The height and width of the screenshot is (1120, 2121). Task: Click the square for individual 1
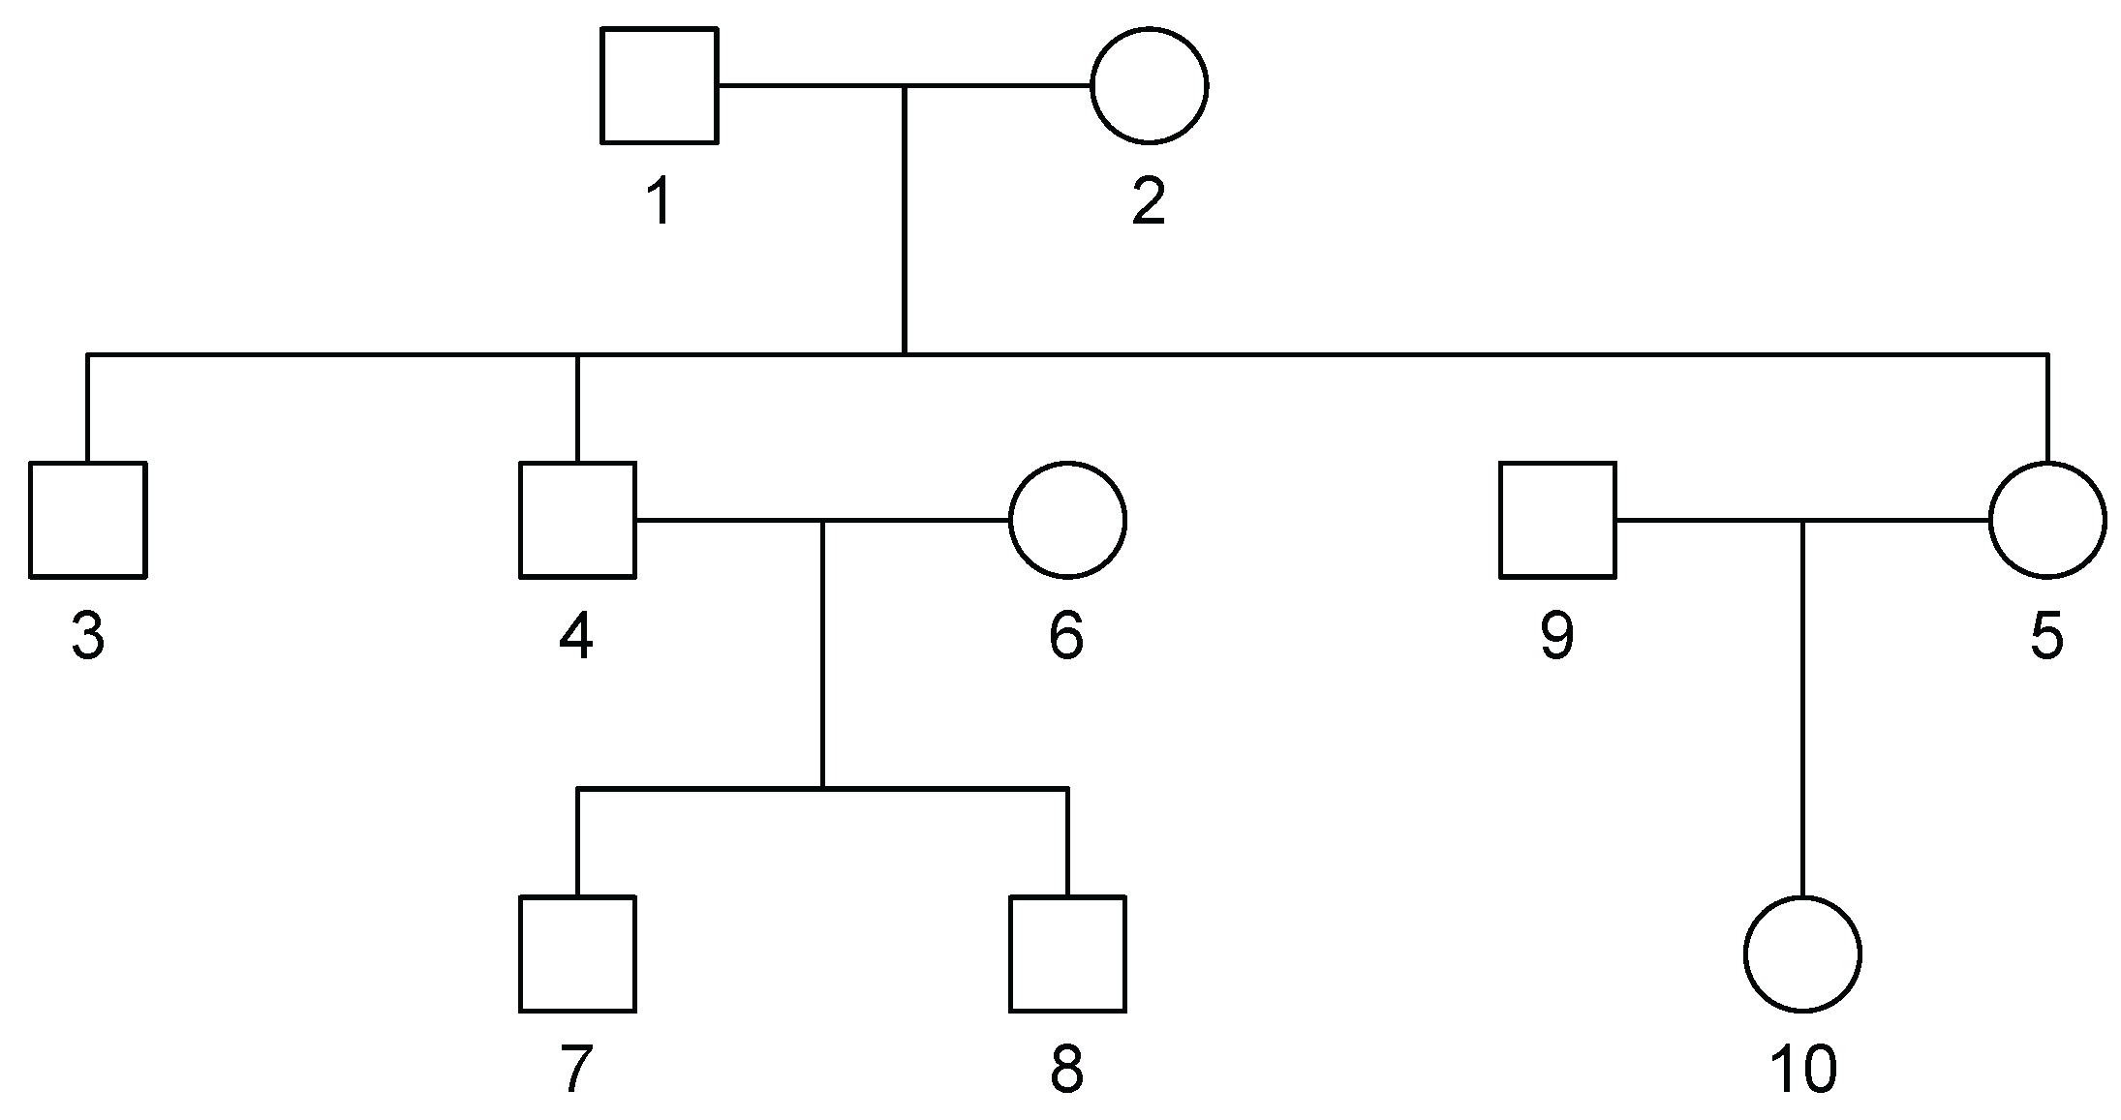[x=659, y=85]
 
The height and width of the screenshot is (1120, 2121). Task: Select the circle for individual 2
[x=1149, y=85]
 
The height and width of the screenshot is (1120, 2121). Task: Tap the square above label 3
[x=87, y=520]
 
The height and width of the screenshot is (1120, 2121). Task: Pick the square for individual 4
[x=577, y=520]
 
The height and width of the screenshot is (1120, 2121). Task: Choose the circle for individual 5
[x=2046, y=520]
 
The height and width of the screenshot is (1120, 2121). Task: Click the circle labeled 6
[x=1067, y=520]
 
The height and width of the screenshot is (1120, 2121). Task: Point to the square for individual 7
[x=577, y=954]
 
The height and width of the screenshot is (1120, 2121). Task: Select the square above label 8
[x=1067, y=954]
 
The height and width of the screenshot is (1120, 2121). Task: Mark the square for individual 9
[x=1557, y=520]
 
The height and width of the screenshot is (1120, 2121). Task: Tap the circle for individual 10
[x=1802, y=954]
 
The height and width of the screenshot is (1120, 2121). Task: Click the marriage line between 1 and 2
[x=998, y=85]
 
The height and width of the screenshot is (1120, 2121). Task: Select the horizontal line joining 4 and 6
[x=726, y=520]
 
